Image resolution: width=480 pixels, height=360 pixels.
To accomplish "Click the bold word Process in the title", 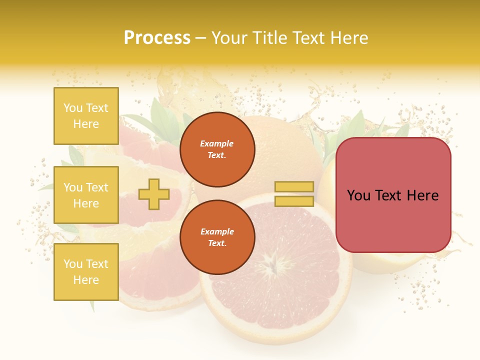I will click(x=157, y=37).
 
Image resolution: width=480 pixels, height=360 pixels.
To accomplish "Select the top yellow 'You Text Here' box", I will click(x=86, y=116).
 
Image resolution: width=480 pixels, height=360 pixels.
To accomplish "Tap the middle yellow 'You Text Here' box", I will click(x=86, y=195).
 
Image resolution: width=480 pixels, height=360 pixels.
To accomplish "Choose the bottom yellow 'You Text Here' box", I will click(x=86, y=271).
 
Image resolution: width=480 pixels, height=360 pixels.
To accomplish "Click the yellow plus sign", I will click(x=153, y=194).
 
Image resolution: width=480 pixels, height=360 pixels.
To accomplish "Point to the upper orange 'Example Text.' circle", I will click(x=217, y=149).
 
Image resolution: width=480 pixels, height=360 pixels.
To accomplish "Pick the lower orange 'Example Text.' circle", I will click(x=217, y=237).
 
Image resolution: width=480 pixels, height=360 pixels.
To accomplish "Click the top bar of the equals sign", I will click(x=294, y=186).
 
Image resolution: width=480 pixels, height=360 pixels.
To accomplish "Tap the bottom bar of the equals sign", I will click(x=294, y=201).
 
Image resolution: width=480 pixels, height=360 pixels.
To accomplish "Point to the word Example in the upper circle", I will click(x=217, y=143).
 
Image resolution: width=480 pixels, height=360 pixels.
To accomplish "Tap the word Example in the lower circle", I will click(x=217, y=231).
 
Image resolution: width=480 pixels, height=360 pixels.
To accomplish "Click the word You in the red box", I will click(x=358, y=195).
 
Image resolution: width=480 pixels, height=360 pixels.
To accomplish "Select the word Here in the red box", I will click(x=423, y=195).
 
